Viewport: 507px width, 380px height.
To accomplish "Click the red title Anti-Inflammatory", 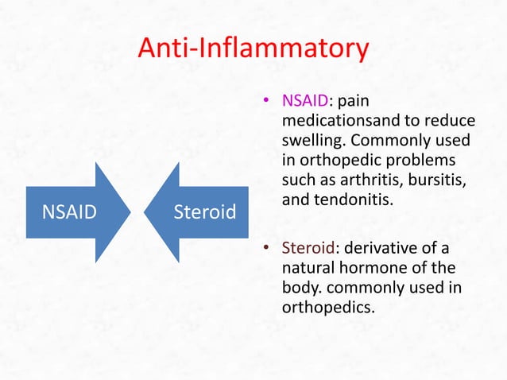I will point(253,50).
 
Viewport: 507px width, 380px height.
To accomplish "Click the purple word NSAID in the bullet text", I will point(305,101).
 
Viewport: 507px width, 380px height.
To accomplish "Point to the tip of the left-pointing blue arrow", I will point(145,212).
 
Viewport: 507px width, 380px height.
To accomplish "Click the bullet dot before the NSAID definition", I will point(269,102).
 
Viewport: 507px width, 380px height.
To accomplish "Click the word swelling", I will point(312,140).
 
